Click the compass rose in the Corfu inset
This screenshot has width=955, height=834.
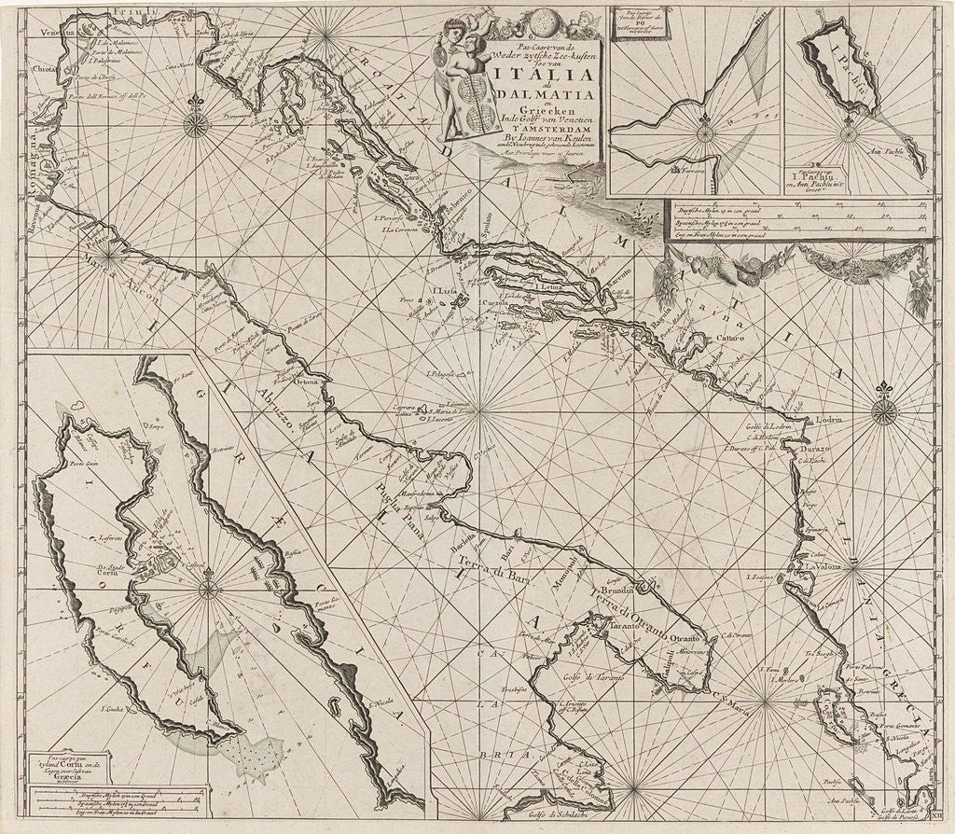pyautogui.click(x=208, y=589)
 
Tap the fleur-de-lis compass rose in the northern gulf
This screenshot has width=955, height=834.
pyautogui.click(x=195, y=122)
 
